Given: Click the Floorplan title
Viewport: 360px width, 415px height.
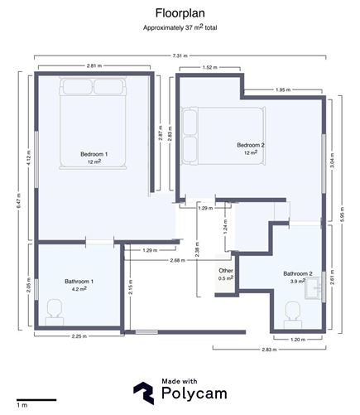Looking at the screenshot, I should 179,13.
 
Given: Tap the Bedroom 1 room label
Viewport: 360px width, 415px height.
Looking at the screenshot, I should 94,154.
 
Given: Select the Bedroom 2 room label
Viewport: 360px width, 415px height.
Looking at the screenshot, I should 252,145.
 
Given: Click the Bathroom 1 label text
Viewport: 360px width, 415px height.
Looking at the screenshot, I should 79,282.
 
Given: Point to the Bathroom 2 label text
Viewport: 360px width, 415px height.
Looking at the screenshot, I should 298,273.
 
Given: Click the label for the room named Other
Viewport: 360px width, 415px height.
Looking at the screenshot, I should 225,271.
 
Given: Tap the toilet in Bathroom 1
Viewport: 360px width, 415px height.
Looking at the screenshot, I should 55,310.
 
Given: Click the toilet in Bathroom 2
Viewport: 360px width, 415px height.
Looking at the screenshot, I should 292,311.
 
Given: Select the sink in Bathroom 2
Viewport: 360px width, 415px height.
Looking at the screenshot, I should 315,287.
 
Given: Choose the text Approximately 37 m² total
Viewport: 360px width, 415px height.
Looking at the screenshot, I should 179,28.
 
